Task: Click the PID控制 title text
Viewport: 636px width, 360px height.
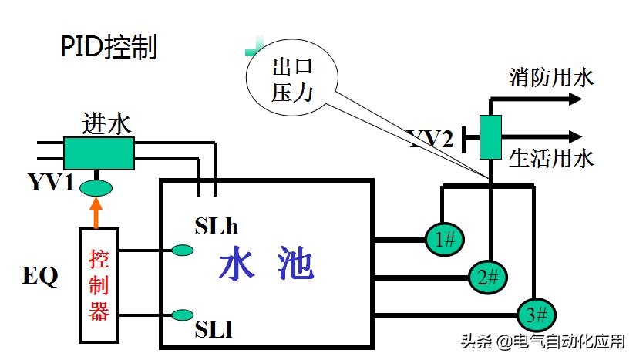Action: (109, 48)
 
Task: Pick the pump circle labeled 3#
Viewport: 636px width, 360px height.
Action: (535, 314)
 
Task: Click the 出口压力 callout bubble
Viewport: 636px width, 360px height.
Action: (292, 80)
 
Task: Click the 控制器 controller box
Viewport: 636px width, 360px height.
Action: (99, 285)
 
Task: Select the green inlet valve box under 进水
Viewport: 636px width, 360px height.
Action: (99, 153)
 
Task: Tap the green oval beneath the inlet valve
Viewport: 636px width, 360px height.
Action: (96, 187)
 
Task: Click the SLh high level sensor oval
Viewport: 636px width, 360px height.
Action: (183, 250)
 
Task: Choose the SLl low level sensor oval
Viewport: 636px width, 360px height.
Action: (183, 315)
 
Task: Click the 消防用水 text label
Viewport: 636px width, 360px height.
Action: (551, 77)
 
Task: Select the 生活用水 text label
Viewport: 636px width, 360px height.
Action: (551, 158)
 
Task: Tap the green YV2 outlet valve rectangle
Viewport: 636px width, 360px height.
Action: (490, 137)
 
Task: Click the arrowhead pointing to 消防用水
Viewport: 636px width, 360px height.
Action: (574, 99)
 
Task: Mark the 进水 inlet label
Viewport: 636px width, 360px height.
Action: (107, 124)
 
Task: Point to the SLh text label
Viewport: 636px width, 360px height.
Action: (217, 227)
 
